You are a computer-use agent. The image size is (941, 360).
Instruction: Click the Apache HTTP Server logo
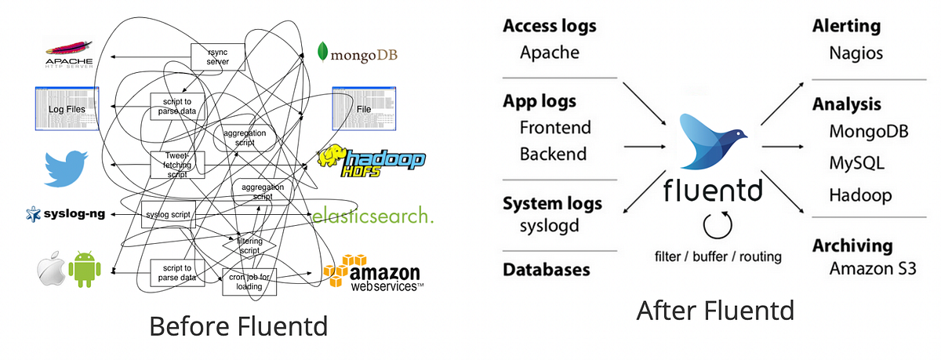pyautogui.click(x=69, y=54)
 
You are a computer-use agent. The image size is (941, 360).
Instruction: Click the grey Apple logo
pyautogui.click(x=49, y=269)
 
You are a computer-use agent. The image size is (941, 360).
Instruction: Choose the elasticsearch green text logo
pyautogui.click(x=372, y=215)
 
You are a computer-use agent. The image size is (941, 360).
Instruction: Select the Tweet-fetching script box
pyautogui.click(x=177, y=165)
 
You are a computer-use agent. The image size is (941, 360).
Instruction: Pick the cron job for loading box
pyautogui.click(x=250, y=281)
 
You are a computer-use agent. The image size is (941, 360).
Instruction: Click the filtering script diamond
pyautogui.click(x=249, y=245)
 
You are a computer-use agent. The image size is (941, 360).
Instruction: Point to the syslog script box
pyautogui.click(x=168, y=214)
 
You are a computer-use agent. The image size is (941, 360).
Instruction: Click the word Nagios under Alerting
pyautogui.click(x=856, y=53)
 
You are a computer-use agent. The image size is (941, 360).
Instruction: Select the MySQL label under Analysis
pyautogui.click(x=857, y=163)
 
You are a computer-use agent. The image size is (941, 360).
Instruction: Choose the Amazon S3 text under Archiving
pyautogui.click(x=873, y=269)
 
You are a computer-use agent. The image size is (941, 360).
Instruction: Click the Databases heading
pyautogui.click(x=546, y=269)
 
